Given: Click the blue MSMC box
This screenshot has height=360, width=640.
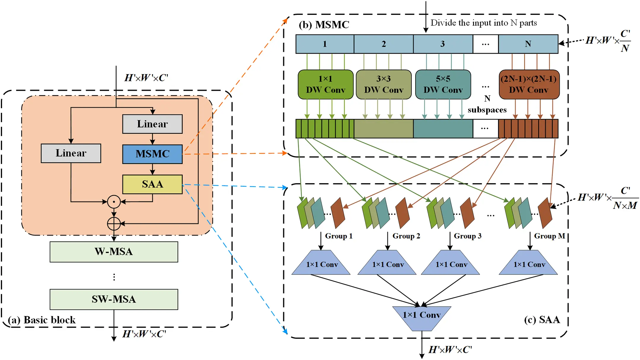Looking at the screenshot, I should [x=152, y=154].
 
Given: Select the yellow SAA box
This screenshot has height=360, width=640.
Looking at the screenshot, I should [x=152, y=184].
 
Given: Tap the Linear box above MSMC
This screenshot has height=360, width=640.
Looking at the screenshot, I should [x=152, y=124].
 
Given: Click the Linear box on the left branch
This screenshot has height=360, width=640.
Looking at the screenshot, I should [x=71, y=153].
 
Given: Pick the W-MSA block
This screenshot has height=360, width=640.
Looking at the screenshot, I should [x=114, y=252].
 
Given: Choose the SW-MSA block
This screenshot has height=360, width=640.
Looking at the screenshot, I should [x=114, y=299].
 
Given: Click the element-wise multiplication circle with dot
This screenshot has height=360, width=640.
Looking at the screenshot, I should [x=114, y=202].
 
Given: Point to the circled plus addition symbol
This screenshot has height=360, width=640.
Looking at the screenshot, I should [x=114, y=224].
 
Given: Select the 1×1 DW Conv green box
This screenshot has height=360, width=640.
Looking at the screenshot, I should [x=325, y=84].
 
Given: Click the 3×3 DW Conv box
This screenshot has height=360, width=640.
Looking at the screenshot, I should [x=384, y=84].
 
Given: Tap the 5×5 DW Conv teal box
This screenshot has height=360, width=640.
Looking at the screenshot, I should [x=443, y=84].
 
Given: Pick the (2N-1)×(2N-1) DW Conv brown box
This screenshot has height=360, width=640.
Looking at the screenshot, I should [x=529, y=84].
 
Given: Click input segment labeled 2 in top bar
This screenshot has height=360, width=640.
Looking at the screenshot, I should [x=384, y=44].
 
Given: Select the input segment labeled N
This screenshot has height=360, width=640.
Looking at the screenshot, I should [x=528, y=44].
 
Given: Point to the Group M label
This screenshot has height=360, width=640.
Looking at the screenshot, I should [x=549, y=236].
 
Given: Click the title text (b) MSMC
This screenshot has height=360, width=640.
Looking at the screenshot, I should [x=324, y=25].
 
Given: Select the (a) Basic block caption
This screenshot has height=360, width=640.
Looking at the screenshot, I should [x=42, y=320].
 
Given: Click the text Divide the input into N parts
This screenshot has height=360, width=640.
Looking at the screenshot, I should [x=483, y=23].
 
